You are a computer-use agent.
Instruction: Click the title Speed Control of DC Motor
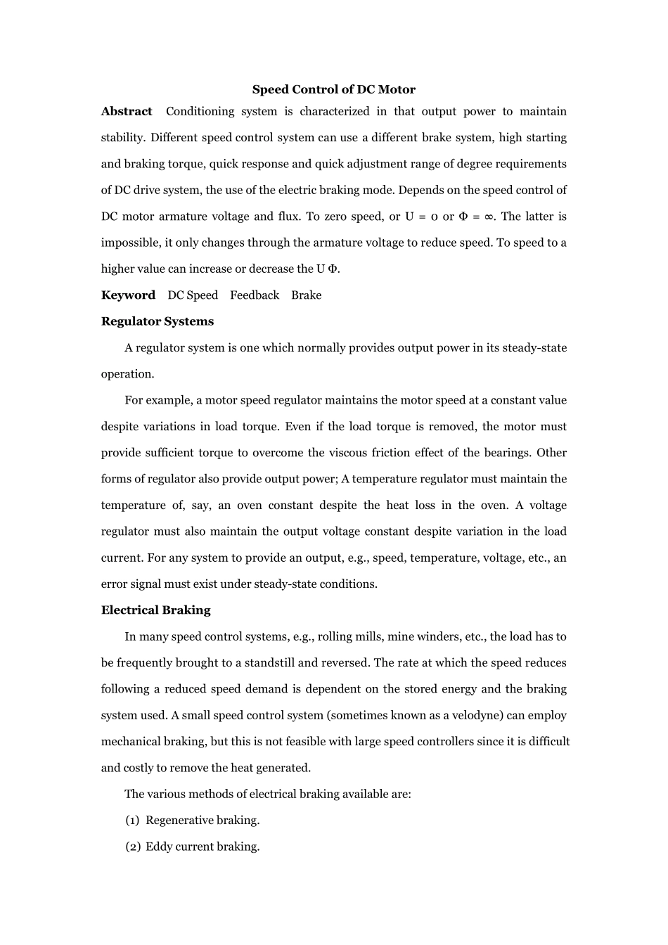(333, 89)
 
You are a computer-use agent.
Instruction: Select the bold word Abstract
(127, 111)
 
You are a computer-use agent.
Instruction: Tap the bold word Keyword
(128, 295)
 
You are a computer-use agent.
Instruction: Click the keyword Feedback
(255, 295)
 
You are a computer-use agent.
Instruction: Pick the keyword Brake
(306, 295)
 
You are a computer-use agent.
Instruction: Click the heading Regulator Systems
(158, 321)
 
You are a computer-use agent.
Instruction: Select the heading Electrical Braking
(155, 610)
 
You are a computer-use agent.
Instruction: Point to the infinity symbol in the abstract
(489, 217)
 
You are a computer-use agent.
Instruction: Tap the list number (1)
(132, 821)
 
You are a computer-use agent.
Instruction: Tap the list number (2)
(132, 847)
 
